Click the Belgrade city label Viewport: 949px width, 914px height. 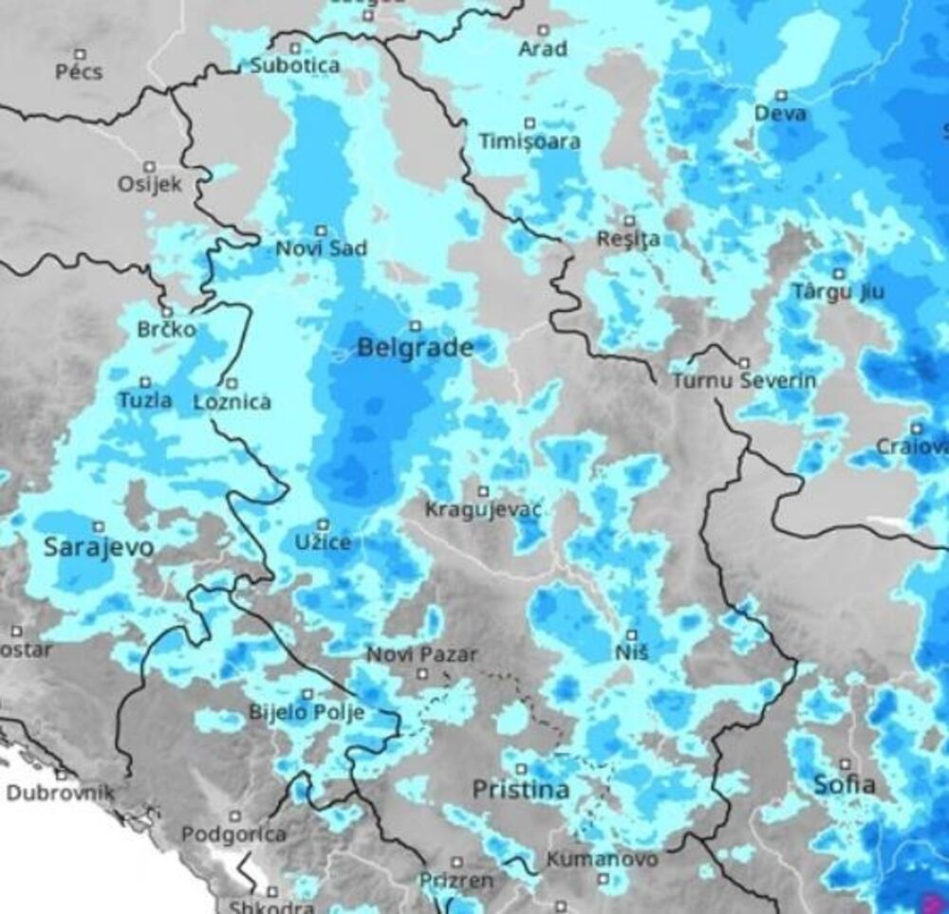(415, 349)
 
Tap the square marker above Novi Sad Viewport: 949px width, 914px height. (321, 229)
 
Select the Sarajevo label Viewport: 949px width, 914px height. (99, 548)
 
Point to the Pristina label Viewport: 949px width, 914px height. (521, 790)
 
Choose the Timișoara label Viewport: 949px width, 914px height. (530, 141)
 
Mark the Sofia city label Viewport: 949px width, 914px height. (845, 785)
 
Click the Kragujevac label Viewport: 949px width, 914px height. (483, 511)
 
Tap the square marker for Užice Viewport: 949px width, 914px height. (323, 523)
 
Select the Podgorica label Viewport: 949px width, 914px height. (233, 835)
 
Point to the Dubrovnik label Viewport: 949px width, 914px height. (61, 793)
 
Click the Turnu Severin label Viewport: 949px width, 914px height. (744, 381)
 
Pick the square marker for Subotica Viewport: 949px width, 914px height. (295, 47)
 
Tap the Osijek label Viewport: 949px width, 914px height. (149, 184)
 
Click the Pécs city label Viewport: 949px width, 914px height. (80, 72)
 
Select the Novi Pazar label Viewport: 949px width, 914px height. (422, 654)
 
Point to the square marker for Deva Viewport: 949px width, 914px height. (782, 95)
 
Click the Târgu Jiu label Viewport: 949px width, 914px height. (838, 292)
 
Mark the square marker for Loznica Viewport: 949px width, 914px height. (231, 383)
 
